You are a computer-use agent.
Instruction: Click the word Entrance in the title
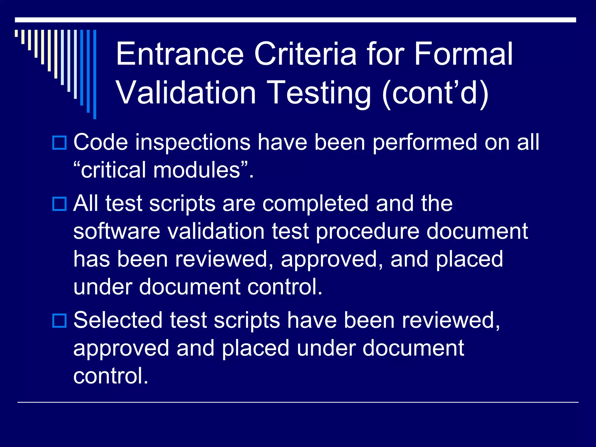(x=180, y=54)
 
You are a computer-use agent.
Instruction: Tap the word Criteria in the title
(x=305, y=54)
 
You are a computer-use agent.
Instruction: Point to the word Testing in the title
(x=319, y=93)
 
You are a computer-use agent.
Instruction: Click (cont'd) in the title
(x=435, y=93)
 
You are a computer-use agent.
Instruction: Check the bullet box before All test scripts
(x=59, y=204)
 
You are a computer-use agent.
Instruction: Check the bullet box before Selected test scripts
(x=59, y=321)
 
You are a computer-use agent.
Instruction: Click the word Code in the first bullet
(x=100, y=143)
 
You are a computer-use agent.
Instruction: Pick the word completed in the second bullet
(x=315, y=203)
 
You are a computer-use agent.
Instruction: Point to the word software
(x=117, y=231)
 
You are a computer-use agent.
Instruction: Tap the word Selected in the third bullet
(x=118, y=320)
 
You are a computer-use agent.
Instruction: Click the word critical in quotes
(x=113, y=170)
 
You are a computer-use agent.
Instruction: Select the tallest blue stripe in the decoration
(x=95, y=74)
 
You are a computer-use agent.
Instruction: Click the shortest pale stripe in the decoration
(x=17, y=33)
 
